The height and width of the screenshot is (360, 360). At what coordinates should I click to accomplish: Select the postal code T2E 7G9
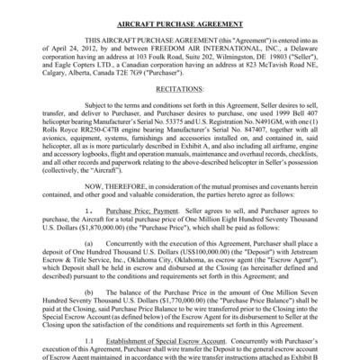point(136,72)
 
